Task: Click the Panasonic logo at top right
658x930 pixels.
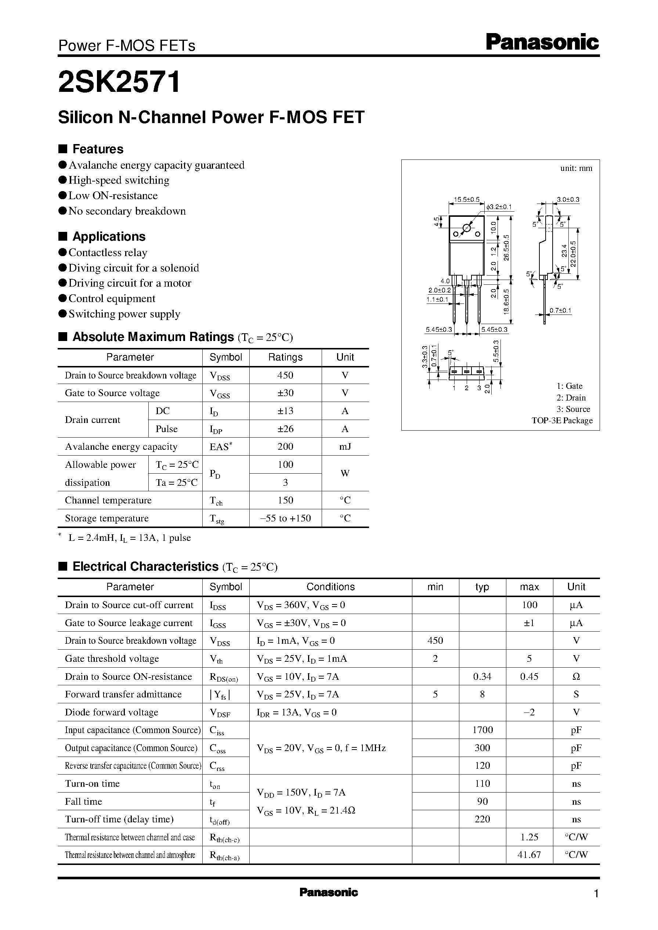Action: coord(542,43)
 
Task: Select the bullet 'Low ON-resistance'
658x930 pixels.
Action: coord(113,195)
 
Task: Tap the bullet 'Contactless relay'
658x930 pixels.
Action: coord(108,252)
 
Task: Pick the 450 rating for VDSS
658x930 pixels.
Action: coord(285,376)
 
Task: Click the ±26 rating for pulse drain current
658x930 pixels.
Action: coord(285,429)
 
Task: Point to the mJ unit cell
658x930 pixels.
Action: coord(345,447)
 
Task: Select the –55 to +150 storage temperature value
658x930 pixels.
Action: coord(285,518)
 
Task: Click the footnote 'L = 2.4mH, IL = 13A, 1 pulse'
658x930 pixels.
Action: coord(129,538)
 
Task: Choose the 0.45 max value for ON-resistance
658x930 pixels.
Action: coord(529,676)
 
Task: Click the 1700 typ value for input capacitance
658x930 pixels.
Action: coord(482,730)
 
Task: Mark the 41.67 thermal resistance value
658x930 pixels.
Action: coord(529,855)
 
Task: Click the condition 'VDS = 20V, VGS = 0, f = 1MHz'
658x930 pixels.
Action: coord(321,748)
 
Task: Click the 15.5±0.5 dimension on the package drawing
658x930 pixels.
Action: coord(466,200)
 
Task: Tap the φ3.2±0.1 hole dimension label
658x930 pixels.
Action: coord(499,207)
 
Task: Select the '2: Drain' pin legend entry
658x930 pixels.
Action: coord(571,398)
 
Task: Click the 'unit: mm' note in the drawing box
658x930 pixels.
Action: coord(576,168)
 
